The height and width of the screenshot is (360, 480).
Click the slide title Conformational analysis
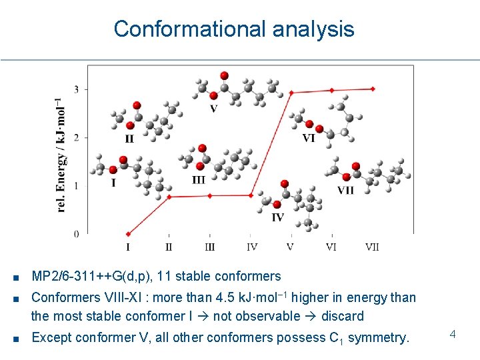(234, 29)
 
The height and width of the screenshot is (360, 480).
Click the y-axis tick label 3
(76, 89)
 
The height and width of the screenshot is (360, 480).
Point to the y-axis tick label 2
(76, 138)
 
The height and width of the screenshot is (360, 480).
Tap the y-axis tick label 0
(76, 234)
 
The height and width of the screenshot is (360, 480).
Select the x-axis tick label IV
(251, 247)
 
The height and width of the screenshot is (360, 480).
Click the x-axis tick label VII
(372, 247)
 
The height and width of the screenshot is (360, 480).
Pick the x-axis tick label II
(169, 247)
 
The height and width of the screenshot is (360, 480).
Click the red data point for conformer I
(128, 234)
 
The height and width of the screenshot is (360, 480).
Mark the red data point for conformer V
(291, 93)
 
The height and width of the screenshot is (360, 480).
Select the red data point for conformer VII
(373, 89)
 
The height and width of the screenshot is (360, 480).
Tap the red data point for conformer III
(210, 196)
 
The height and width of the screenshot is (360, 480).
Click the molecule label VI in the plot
(309, 139)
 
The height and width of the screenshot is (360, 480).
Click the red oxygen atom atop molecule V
(225, 75)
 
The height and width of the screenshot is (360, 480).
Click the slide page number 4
(452, 333)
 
